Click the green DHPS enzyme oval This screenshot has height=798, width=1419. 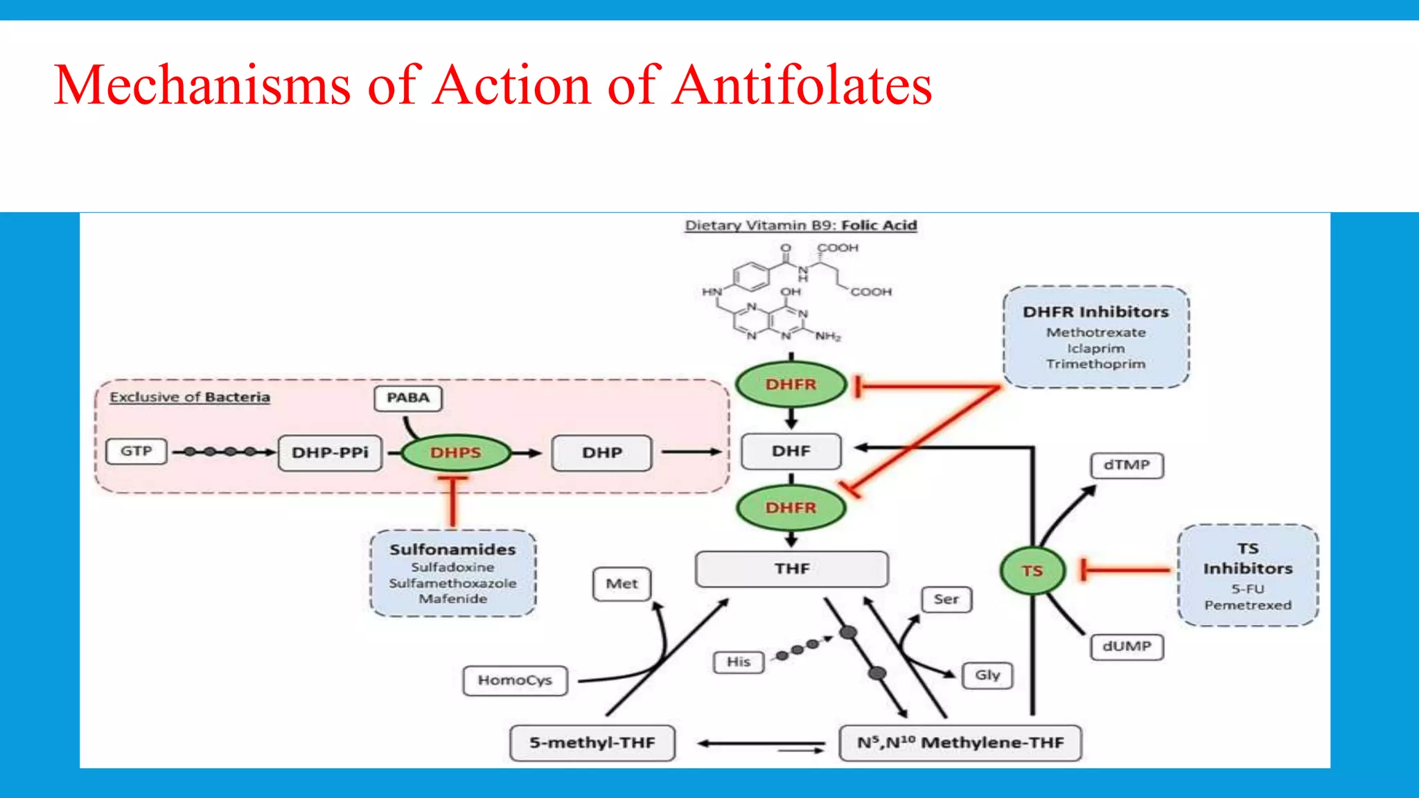[x=455, y=453]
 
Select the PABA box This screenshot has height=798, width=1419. [x=408, y=398]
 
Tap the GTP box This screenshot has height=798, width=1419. [x=136, y=451]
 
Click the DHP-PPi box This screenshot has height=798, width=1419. [x=330, y=453]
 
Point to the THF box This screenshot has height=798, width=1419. [x=791, y=569]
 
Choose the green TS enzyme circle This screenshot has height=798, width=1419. [x=1032, y=571]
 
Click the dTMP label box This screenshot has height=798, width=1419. [x=1127, y=465]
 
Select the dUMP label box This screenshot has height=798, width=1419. [x=1127, y=647]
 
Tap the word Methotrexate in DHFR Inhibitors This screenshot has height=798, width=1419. [x=1095, y=332]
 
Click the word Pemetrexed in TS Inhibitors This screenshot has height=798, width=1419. [x=1247, y=605]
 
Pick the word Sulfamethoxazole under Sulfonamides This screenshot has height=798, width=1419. [x=452, y=583]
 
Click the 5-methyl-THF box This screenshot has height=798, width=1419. [x=592, y=743]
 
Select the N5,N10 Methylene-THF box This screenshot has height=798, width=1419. [x=960, y=743]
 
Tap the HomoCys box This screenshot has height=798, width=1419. [x=515, y=680]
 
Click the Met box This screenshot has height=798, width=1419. [x=622, y=584]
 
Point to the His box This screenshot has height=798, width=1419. [x=738, y=662]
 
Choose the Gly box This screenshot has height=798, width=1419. [x=987, y=675]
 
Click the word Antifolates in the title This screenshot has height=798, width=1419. [x=802, y=85]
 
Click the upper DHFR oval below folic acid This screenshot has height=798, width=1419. [x=791, y=384]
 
